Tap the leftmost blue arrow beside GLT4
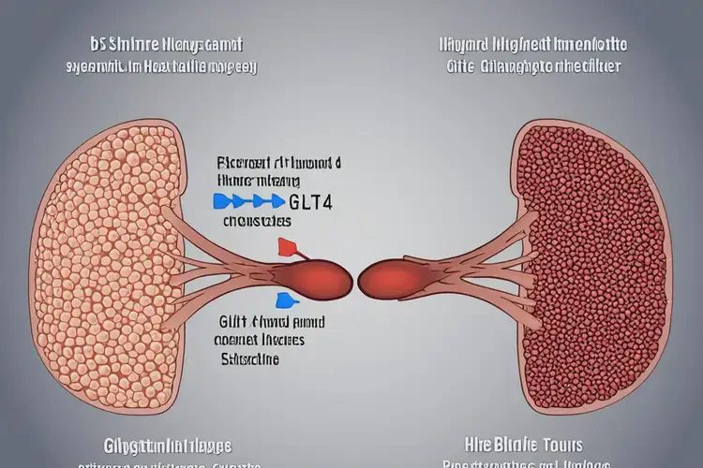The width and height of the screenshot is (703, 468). [223, 200]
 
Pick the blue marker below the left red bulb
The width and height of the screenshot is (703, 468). [281, 300]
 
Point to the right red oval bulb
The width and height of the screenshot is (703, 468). [384, 277]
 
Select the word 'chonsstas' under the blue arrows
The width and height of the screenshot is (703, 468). [257, 223]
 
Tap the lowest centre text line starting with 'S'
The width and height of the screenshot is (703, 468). [248, 358]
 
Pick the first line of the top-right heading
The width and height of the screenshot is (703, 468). [532, 44]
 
